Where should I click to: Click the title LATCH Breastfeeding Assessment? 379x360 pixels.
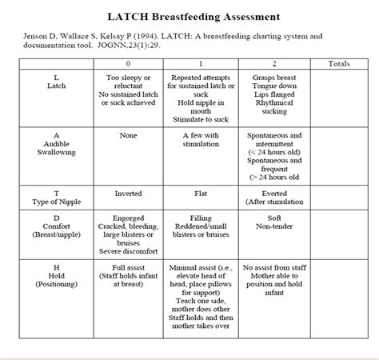pyautogui.click(x=189, y=16)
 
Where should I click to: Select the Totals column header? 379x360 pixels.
pyautogui.click(x=338, y=63)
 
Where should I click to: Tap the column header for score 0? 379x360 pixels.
pyautogui.click(x=128, y=63)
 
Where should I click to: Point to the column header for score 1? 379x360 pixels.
pyautogui.click(x=201, y=63)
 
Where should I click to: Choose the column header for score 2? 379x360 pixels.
pyautogui.click(x=273, y=63)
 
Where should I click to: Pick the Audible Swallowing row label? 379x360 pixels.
pyautogui.click(x=56, y=146)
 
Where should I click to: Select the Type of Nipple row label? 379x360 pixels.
pyautogui.click(x=56, y=197)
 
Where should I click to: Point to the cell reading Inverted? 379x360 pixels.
pyautogui.click(x=128, y=193)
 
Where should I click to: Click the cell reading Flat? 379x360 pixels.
pyautogui.click(x=201, y=193)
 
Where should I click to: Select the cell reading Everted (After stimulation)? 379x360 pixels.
pyautogui.click(x=273, y=197)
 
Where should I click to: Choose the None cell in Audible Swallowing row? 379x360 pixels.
pyautogui.click(x=128, y=135)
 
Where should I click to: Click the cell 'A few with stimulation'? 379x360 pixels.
pyautogui.click(x=201, y=141)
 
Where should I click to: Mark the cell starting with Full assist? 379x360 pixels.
pyautogui.click(x=128, y=271)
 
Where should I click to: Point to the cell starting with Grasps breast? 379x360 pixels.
pyautogui.click(x=273, y=92)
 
